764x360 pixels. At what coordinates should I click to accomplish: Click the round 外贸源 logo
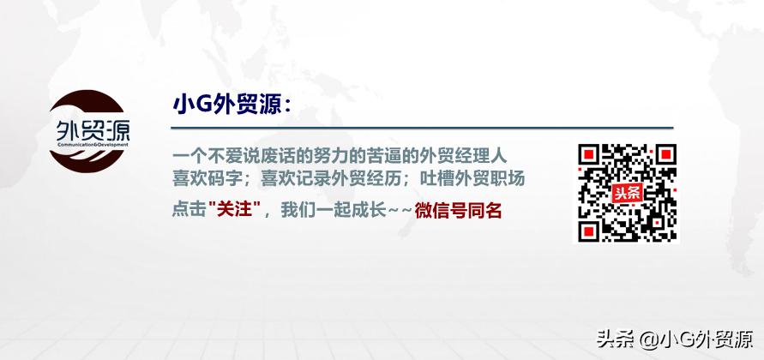(89, 137)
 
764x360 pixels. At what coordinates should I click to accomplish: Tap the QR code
(626, 192)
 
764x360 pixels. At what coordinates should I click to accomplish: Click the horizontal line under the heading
(420, 128)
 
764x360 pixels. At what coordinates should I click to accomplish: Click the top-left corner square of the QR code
(589, 155)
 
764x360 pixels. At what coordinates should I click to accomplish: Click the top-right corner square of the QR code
(664, 155)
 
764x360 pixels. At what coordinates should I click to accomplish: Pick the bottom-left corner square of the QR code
(589, 230)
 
